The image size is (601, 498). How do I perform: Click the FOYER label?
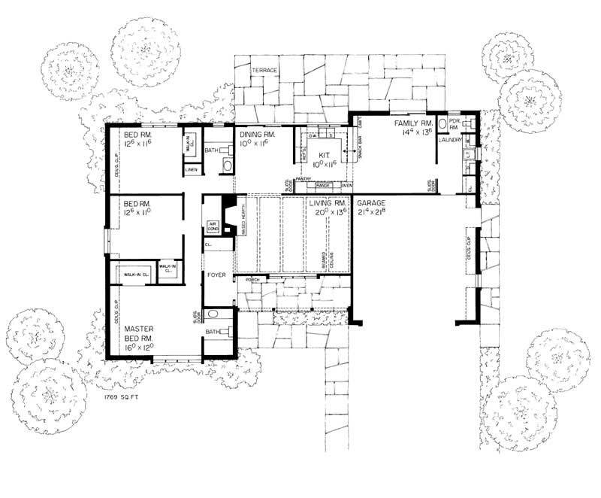[x=217, y=277]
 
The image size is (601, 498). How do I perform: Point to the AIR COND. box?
[x=212, y=226]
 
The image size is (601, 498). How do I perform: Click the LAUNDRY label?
[x=450, y=139]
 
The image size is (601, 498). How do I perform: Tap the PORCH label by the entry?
[x=252, y=279]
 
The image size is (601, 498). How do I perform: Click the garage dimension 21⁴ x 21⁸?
[x=373, y=213]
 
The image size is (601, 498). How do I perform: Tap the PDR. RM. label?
[x=453, y=122]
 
